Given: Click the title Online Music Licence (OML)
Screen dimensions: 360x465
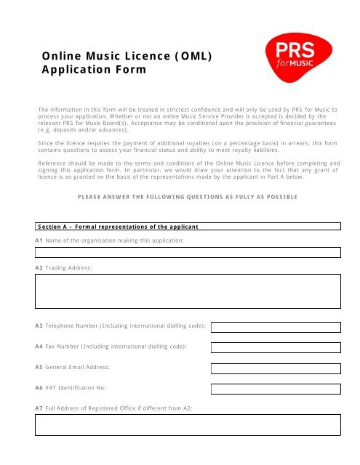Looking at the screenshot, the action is [x=127, y=55].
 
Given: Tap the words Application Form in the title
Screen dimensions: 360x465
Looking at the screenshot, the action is [x=94, y=70].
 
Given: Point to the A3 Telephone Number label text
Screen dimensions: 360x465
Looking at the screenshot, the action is [x=121, y=326].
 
